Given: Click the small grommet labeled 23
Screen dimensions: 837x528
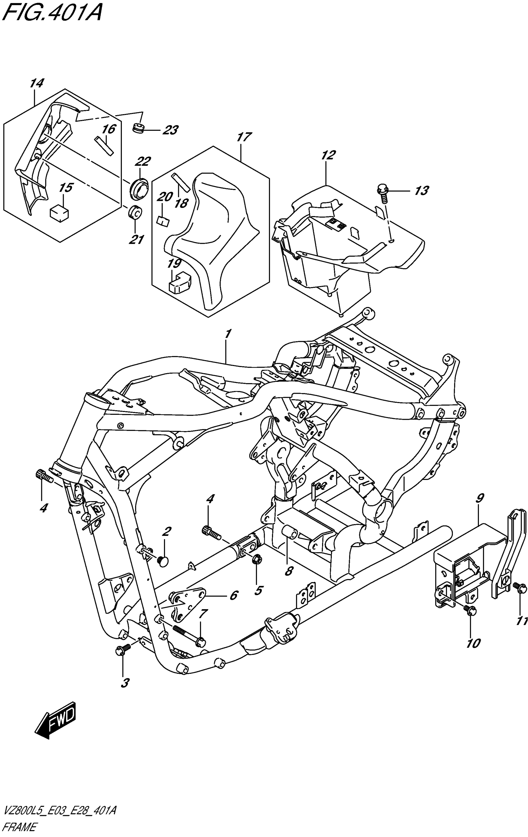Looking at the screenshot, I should tap(139, 128).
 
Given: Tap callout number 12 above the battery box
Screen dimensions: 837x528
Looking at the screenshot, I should tap(329, 155).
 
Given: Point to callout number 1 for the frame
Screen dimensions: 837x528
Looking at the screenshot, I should tap(228, 334).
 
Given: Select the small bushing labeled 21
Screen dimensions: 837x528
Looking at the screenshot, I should tap(135, 212).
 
